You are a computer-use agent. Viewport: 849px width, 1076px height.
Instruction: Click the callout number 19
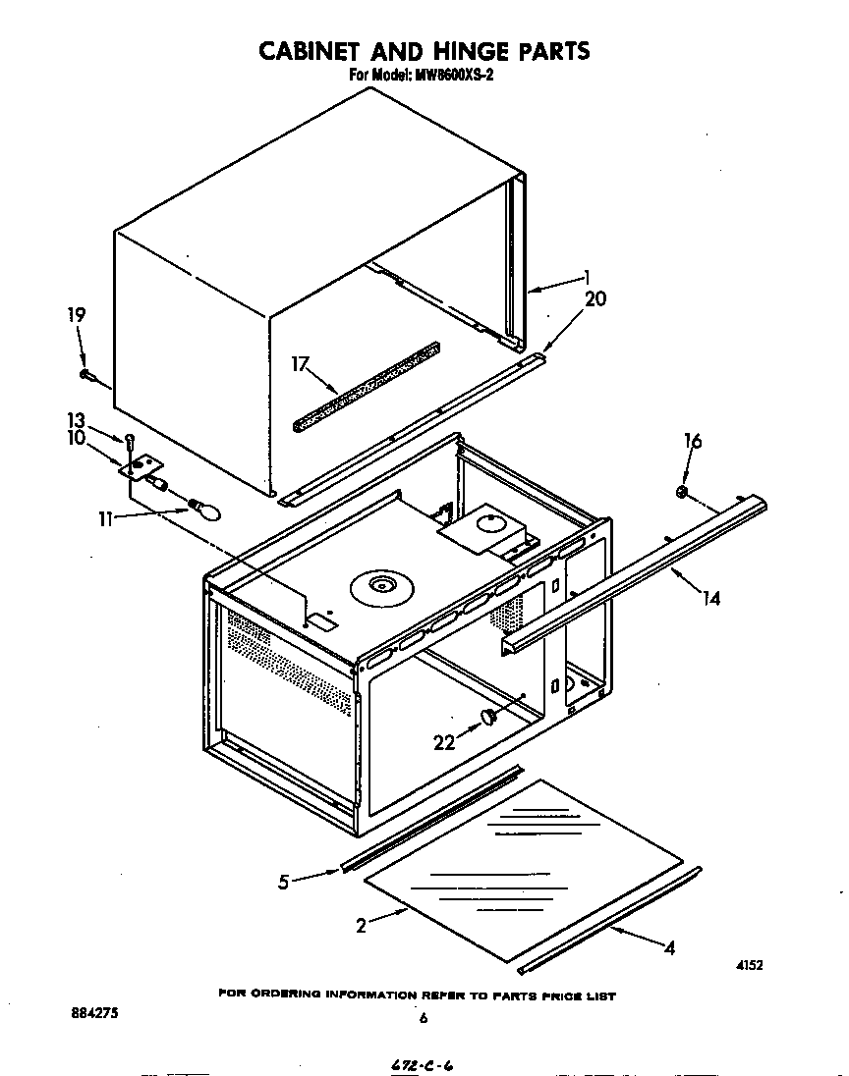[77, 315]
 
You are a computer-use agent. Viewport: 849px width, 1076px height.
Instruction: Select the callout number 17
[301, 364]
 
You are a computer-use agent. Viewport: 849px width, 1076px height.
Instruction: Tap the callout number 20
[595, 300]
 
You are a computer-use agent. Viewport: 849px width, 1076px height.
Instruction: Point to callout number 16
[693, 441]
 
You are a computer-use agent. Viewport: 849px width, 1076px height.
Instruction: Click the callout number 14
[710, 597]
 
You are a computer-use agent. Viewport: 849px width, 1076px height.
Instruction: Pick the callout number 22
[445, 743]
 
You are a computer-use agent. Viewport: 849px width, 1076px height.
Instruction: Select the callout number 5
[284, 882]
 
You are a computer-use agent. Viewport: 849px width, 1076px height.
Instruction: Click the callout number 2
[362, 925]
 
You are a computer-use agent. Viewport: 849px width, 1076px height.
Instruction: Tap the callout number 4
[669, 948]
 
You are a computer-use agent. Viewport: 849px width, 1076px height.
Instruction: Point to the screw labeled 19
[88, 374]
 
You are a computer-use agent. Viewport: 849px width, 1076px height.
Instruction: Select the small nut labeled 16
[681, 490]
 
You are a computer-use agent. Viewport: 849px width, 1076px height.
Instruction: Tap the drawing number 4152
[750, 965]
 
